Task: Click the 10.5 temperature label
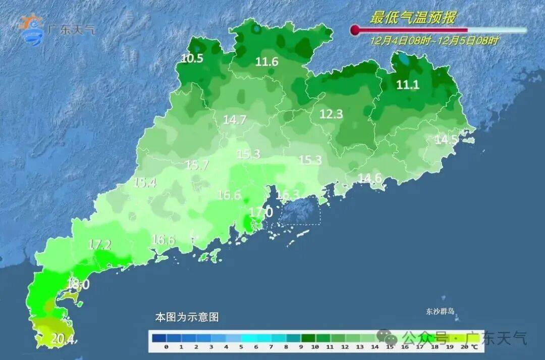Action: (x=192, y=59)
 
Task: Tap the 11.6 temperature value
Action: (x=266, y=62)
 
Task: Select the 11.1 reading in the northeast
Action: (x=407, y=85)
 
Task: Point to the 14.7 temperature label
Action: (x=235, y=120)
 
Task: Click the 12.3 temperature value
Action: (x=331, y=115)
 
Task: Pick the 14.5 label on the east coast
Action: (x=446, y=140)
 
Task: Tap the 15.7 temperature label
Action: (x=197, y=165)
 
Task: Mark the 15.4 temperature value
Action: (x=144, y=183)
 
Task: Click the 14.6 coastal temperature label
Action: (x=370, y=178)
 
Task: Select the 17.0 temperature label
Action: (x=261, y=212)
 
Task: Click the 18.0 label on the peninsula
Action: (x=78, y=285)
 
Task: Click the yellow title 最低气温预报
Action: (x=413, y=18)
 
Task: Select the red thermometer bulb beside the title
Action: (x=355, y=30)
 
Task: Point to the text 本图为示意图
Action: (x=186, y=318)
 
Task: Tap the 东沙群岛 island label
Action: (x=440, y=311)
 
